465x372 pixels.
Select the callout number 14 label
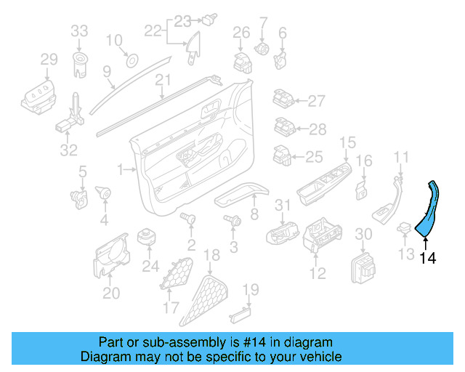tap(429, 257)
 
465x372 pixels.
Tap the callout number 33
tap(79, 31)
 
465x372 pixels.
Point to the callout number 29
tap(49, 59)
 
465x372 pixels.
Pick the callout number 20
tap(111, 293)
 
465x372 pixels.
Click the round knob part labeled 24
tap(149, 238)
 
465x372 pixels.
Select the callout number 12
tap(318, 273)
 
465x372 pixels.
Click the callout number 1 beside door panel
tap(121, 169)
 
